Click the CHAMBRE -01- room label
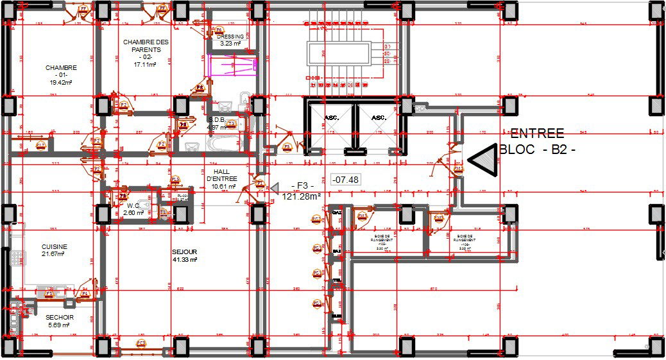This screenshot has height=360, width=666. point(61,67)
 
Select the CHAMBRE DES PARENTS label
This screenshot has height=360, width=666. point(146,46)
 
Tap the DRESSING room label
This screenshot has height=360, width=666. point(230,37)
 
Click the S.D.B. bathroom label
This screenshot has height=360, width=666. point(216,119)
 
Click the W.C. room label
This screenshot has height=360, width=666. point(133,205)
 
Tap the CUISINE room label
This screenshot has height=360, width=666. point(55,246)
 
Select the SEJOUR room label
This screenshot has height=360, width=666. point(184,252)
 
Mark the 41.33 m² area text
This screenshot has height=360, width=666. point(184,260)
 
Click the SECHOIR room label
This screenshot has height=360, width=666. point(59,317)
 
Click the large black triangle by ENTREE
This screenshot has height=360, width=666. point(484,159)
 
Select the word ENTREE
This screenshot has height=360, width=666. point(536,133)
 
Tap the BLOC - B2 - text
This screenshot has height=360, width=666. point(538,151)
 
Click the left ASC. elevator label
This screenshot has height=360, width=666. point(331,117)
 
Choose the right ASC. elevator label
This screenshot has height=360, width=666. point(379,117)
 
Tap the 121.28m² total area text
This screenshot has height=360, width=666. point(301,197)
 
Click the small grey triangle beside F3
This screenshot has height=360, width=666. point(274,187)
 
